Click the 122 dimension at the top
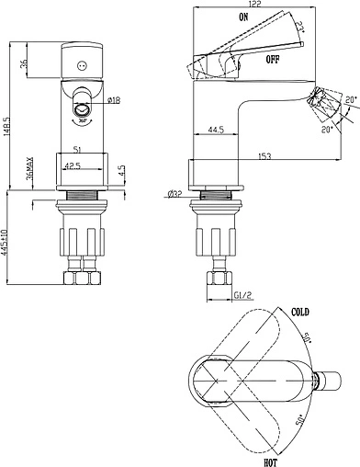point(254,4)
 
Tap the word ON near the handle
point(243,17)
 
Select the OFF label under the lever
point(273,59)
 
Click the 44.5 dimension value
point(216,130)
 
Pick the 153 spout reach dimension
point(264,156)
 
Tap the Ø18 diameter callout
point(114,100)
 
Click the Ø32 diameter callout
point(174,194)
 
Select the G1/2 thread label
point(242,295)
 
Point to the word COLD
point(300,313)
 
